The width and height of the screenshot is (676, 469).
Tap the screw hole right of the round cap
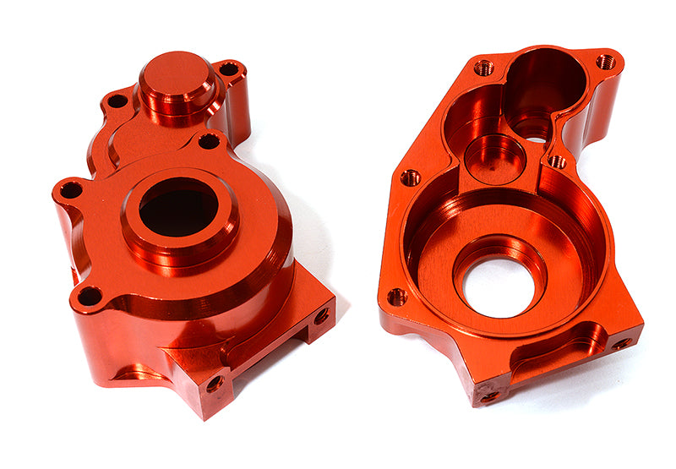229,69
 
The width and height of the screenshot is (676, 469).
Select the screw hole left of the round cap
117,101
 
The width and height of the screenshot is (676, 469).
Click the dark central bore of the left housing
178,210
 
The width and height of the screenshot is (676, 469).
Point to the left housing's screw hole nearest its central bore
209,141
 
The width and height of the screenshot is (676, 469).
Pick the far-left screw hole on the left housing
71,190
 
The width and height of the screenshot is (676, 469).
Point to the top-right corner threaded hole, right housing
606,62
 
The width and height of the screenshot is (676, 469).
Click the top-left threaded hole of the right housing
483,68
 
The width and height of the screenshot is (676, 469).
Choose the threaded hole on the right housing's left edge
410,177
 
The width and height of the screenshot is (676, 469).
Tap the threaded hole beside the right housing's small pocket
557,161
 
